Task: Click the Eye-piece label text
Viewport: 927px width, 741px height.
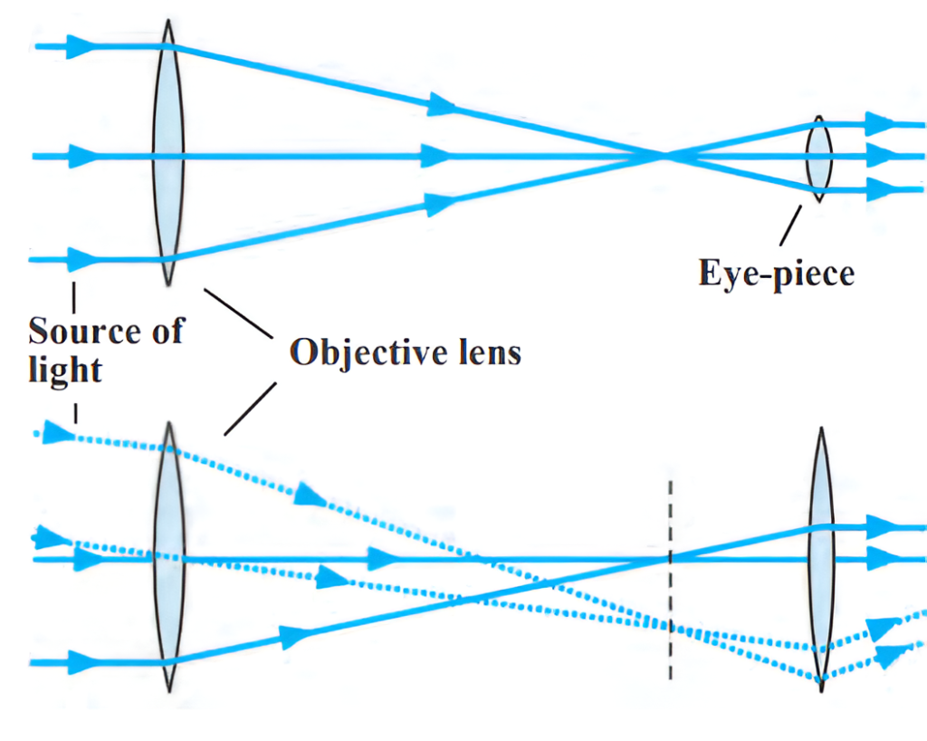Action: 776,272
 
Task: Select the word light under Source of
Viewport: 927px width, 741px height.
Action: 64,370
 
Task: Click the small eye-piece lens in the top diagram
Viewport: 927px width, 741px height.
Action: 819,158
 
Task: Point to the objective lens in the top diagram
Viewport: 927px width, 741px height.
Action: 168,154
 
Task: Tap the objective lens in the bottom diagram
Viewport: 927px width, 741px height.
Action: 168,557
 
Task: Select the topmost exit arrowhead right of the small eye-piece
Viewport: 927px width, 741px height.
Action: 878,122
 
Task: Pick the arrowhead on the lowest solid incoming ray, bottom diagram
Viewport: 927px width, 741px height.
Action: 82,662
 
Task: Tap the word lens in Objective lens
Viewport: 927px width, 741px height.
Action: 487,351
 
